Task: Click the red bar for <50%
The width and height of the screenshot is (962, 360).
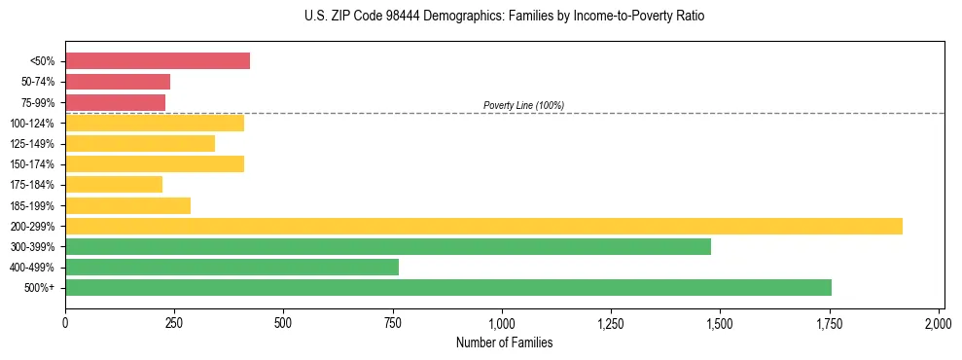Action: tap(158, 61)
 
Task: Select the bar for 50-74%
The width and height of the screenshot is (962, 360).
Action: tap(118, 82)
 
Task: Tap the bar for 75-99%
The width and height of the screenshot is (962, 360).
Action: tap(115, 102)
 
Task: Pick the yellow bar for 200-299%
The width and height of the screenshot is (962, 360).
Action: tap(483, 226)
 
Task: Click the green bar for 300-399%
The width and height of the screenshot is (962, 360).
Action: tap(388, 246)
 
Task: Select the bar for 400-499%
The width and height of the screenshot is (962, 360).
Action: tap(232, 267)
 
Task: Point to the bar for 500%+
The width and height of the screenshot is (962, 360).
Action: tap(448, 287)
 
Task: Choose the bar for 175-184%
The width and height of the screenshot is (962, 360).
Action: tap(114, 184)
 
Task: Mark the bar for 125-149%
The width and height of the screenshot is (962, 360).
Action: tap(140, 143)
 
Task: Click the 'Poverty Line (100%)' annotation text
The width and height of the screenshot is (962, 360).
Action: tap(523, 105)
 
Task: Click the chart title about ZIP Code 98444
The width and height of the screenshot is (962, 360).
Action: tap(503, 17)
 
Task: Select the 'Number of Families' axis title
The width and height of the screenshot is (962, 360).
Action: tap(503, 342)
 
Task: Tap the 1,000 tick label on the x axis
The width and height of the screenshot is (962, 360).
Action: tap(502, 322)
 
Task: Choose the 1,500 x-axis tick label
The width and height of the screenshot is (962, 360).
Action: tap(720, 322)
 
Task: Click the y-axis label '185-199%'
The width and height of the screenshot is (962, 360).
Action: tap(32, 206)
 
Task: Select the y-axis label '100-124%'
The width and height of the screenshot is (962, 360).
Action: tap(32, 124)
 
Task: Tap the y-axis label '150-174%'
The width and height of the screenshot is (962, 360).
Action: tap(32, 164)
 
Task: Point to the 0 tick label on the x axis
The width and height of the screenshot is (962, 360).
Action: tap(65, 322)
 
